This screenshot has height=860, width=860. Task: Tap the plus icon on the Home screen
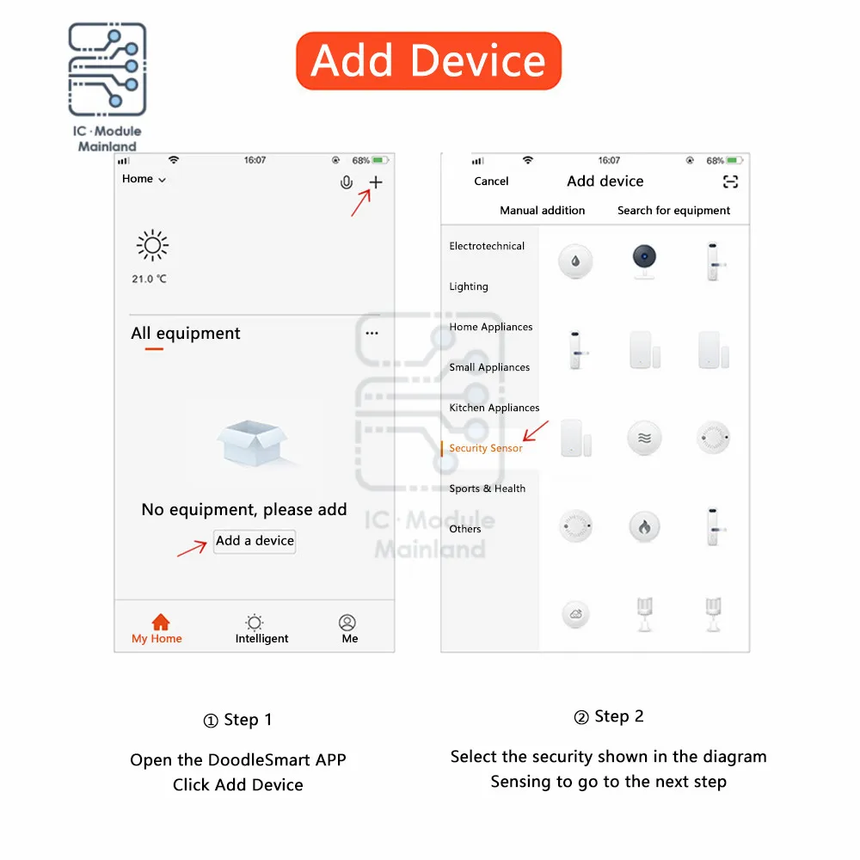[376, 182]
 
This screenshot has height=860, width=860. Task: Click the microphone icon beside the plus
[346, 182]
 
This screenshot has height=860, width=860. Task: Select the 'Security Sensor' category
[485, 448]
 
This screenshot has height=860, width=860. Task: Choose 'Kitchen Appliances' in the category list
[494, 408]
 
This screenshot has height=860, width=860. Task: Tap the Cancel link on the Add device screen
[491, 181]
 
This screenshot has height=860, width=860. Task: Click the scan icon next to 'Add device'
[730, 181]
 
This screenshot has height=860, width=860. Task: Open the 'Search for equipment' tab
[673, 211]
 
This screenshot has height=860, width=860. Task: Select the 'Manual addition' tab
[542, 211]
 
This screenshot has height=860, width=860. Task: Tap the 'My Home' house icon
[160, 622]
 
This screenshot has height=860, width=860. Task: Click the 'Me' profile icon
[347, 623]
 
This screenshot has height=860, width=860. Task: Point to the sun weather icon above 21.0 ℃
[152, 245]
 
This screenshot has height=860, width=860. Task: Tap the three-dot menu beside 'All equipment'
[372, 333]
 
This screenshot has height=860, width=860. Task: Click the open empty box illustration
[252, 443]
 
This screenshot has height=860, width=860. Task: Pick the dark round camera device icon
[644, 261]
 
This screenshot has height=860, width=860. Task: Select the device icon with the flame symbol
[644, 526]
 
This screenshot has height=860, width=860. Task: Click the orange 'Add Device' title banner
[428, 61]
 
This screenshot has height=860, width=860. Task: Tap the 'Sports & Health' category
[487, 488]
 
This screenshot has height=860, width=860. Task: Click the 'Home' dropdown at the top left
[144, 179]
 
